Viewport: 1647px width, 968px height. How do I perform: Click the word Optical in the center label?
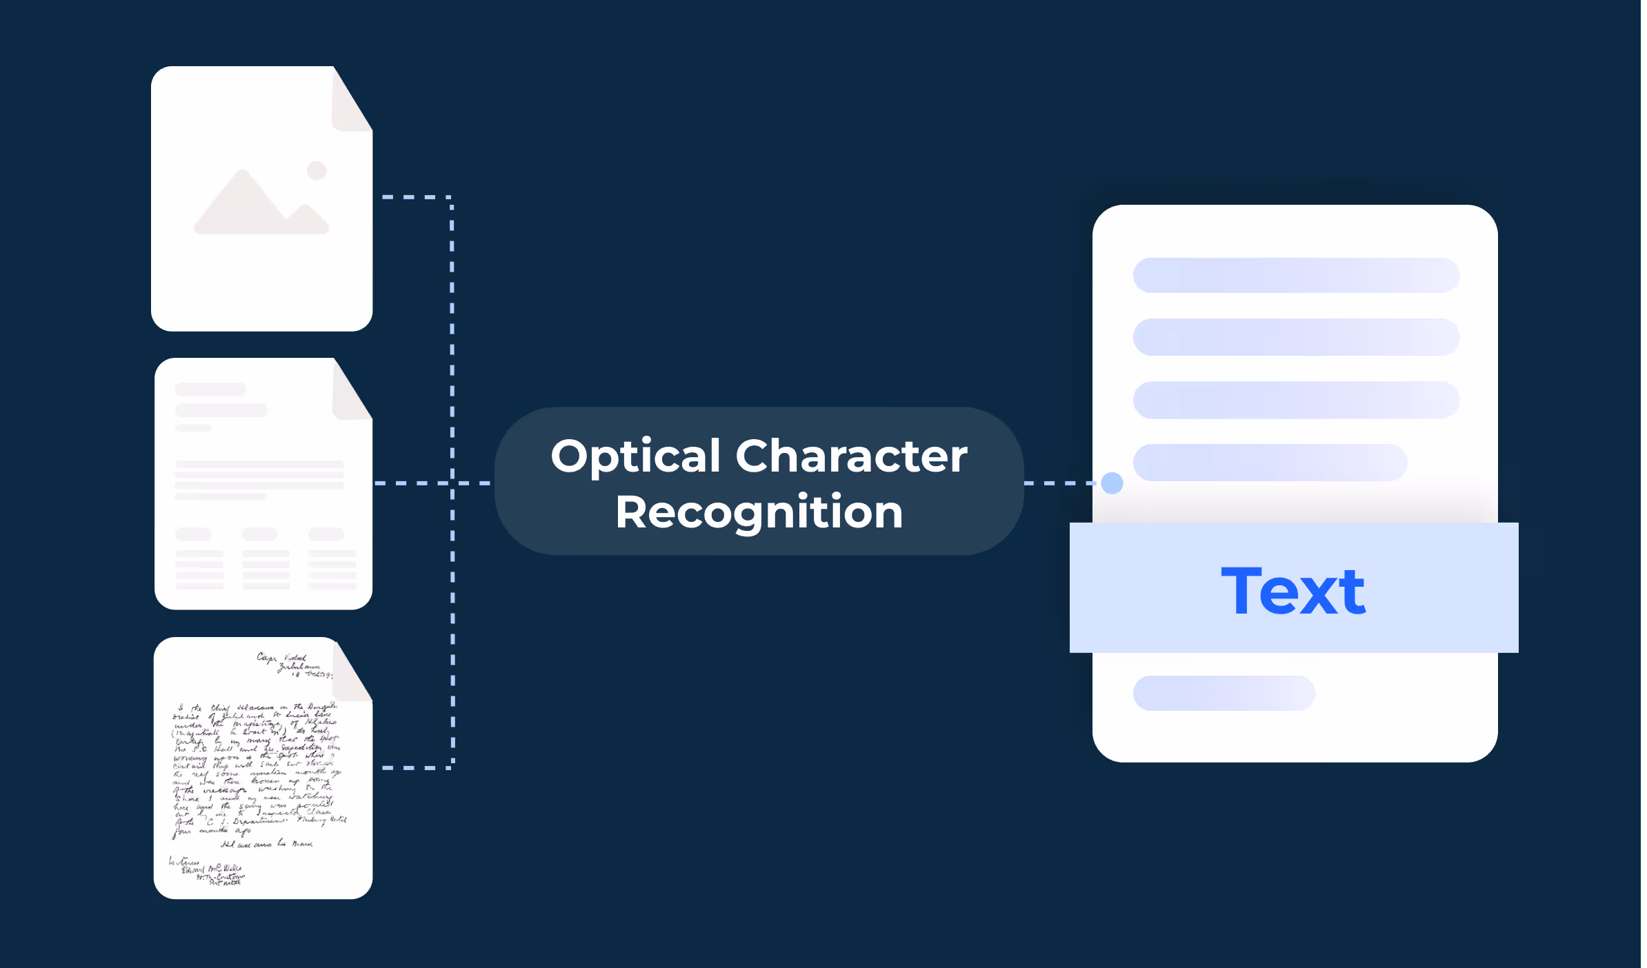coord(635,457)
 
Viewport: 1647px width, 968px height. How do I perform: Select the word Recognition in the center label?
coord(759,512)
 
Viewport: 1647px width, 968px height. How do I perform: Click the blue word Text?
coord(1293,591)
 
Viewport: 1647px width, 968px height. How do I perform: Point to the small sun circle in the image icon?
coord(317,170)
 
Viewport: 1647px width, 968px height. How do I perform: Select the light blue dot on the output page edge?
coord(1112,483)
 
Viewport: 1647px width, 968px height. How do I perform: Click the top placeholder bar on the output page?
coord(1296,275)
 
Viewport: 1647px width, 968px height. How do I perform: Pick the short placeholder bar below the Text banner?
coord(1224,693)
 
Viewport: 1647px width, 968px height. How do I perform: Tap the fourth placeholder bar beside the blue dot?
coord(1270,462)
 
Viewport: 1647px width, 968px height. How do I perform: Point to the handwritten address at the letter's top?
coord(293,665)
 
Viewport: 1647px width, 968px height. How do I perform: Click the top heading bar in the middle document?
coord(210,390)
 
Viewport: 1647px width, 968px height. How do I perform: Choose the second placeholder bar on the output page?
coord(1296,337)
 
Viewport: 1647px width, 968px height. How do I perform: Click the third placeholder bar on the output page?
coord(1296,400)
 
